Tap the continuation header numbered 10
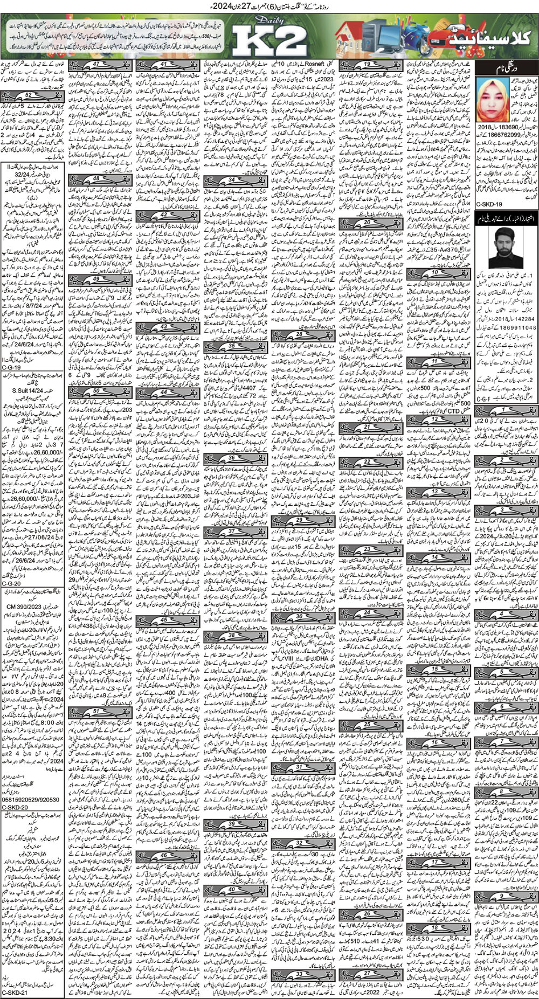425,273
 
